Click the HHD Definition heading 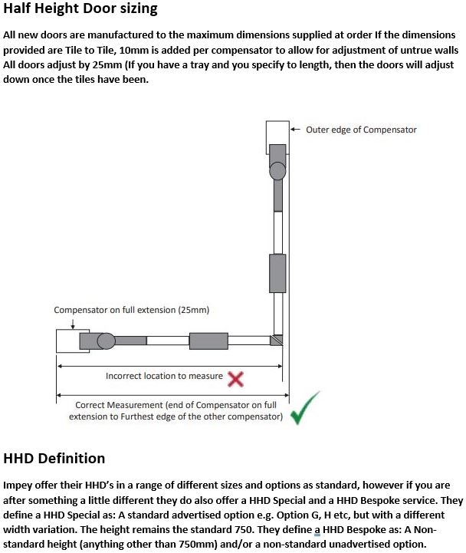[x=54, y=459]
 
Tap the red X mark [x=236, y=378]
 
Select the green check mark [x=305, y=408]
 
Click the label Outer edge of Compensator [x=361, y=130]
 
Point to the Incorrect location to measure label [x=164, y=377]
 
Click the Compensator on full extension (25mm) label [x=131, y=310]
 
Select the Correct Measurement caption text [x=176, y=410]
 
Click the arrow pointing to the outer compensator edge [x=296, y=130]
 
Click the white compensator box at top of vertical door [x=277, y=137]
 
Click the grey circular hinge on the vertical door [x=277, y=170]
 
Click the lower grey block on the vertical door [x=277, y=271]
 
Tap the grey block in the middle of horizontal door [x=208, y=341]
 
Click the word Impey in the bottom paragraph [x=21, y=486]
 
